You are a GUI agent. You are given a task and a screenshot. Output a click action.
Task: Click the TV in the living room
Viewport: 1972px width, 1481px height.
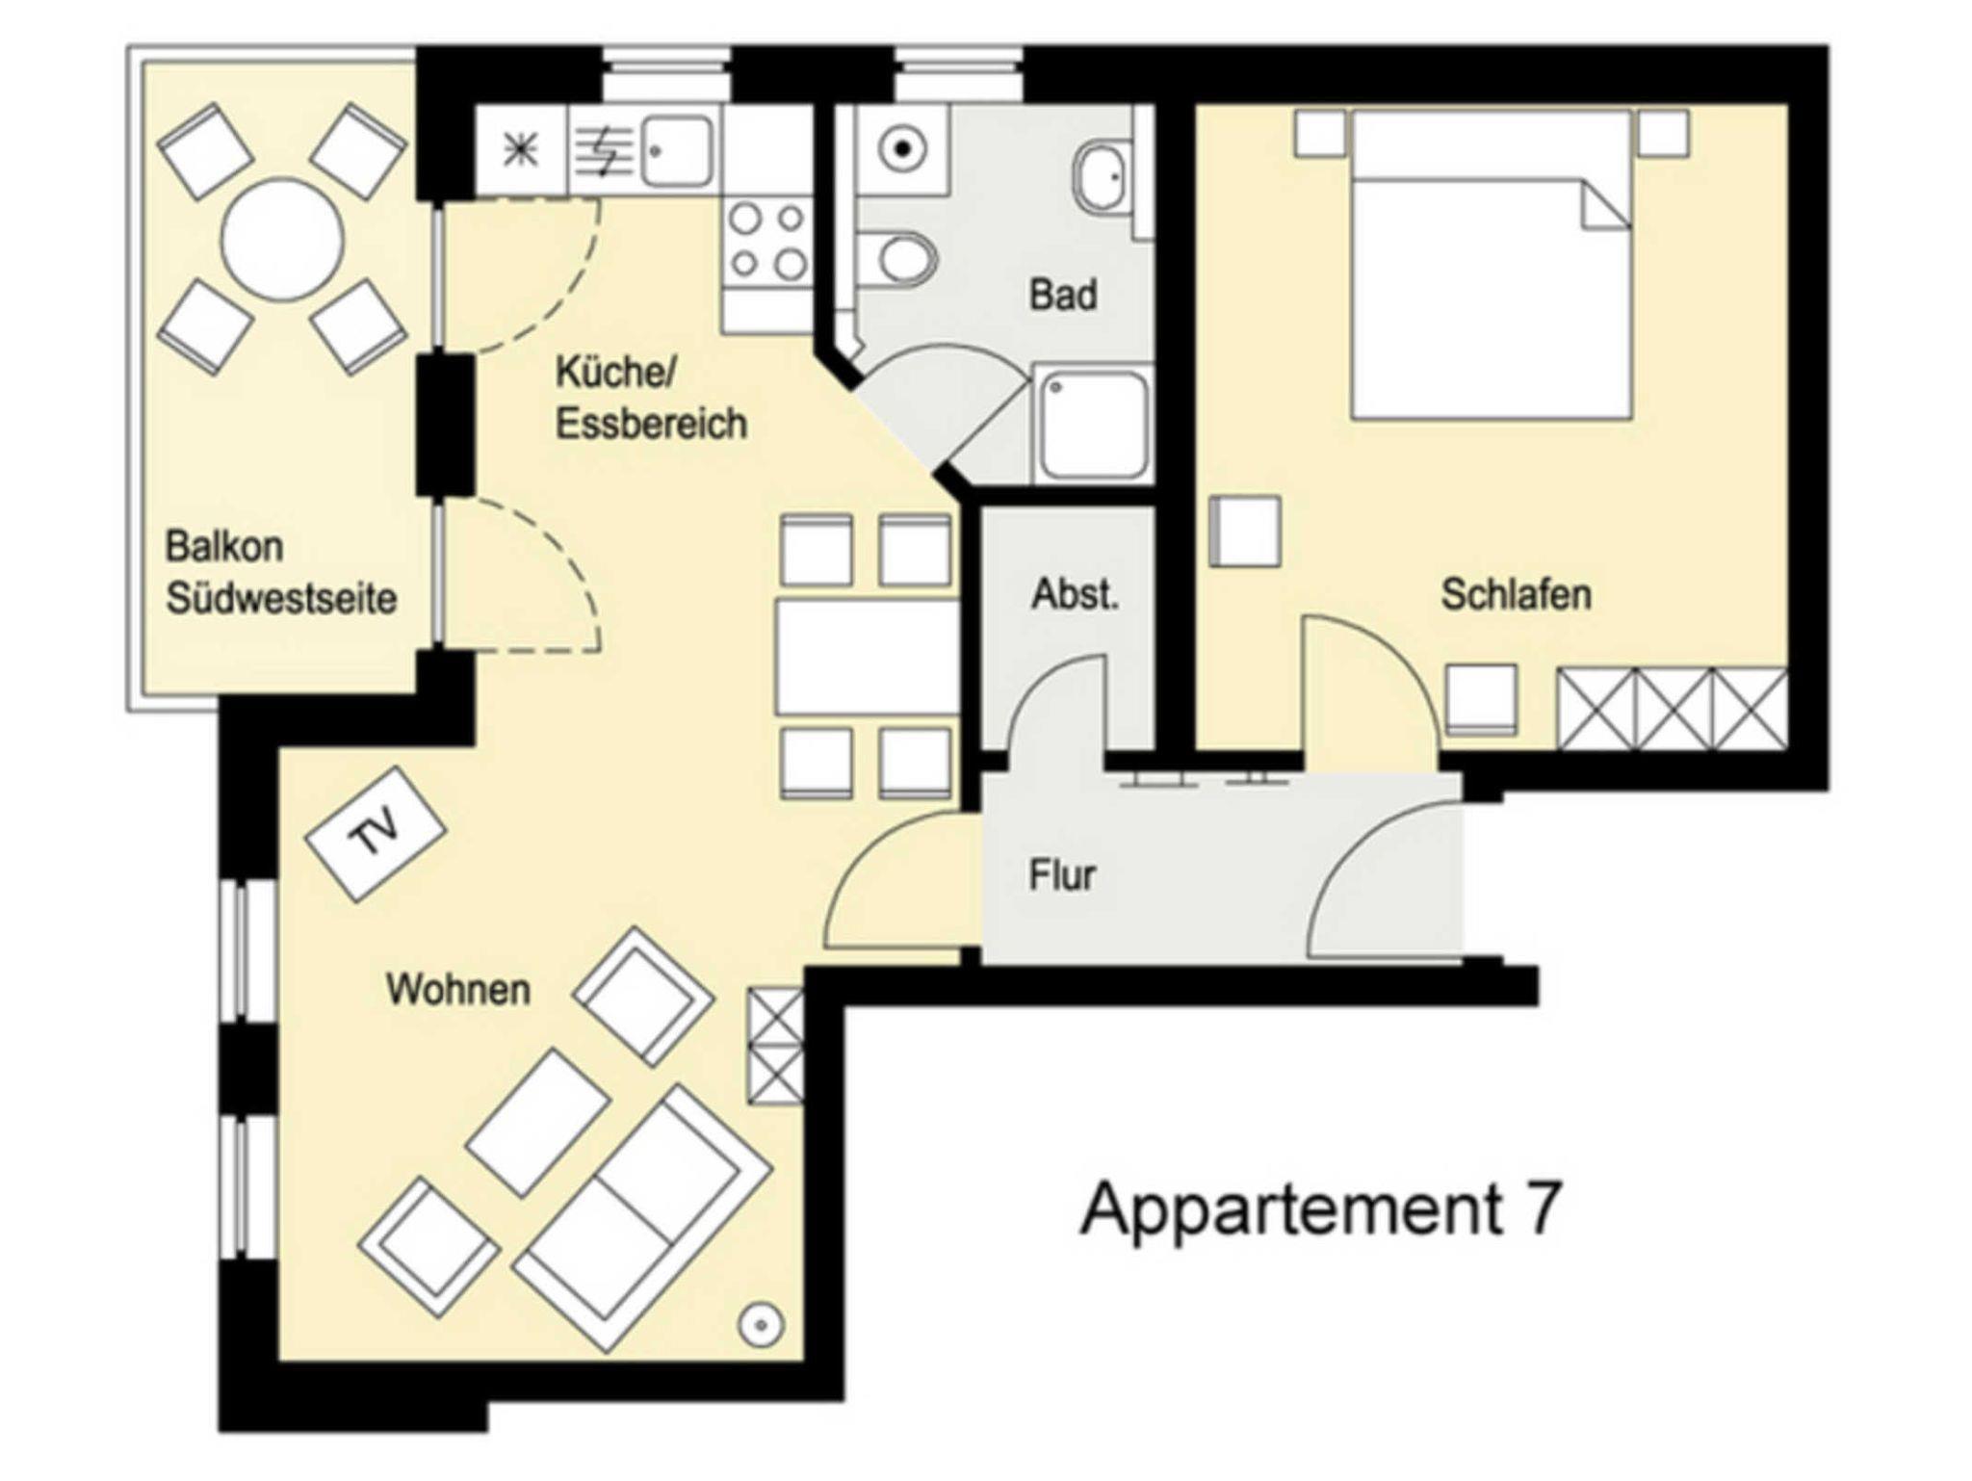coord(376,834)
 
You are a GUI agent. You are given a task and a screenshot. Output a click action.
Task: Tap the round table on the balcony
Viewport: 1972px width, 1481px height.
coord(282,240)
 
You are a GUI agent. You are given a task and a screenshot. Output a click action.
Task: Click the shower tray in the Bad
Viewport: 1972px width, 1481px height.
coord(1094,425)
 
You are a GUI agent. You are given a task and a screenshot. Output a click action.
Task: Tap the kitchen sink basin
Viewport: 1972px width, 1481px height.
coord(678,151)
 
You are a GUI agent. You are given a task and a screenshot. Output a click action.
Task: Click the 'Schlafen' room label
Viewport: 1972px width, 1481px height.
coord(1516,594)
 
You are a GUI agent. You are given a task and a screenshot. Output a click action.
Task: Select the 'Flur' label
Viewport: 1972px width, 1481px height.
coord(1062,875)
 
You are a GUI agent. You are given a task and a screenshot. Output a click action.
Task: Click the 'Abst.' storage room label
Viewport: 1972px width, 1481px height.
coord(1076,594)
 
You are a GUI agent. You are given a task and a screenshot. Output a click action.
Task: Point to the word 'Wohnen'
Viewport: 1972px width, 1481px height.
coord(458,989)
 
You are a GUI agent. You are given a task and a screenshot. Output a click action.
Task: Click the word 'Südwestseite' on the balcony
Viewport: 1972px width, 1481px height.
coord(281,598)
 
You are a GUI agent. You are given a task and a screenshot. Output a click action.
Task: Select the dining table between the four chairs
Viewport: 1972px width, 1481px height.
coord(868,658)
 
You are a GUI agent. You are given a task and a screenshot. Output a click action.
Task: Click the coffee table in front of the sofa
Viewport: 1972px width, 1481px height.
coord(538,1122)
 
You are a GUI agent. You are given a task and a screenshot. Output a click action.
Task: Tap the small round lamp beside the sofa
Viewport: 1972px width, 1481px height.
coord(761,1325)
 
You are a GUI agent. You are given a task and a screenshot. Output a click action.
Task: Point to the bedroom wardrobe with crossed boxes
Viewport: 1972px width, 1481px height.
coord(1673,709)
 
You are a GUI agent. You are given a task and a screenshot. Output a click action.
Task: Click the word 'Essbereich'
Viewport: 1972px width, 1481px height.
coord(651,424)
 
